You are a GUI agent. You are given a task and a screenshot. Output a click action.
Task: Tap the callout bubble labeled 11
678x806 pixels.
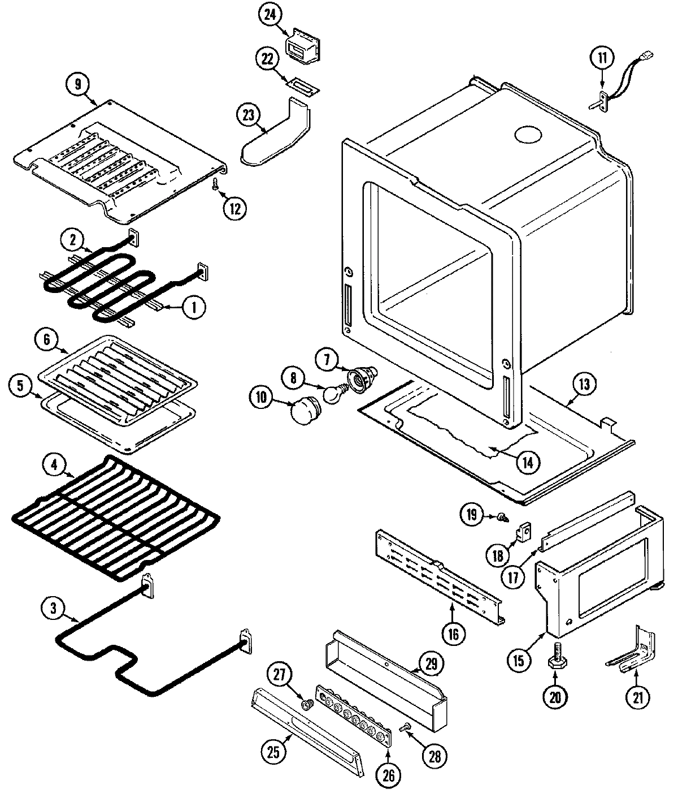[602, 57]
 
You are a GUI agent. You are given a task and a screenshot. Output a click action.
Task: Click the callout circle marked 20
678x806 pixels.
[555, 697]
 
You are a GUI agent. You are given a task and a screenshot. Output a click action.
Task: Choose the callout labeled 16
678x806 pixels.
[453, 632]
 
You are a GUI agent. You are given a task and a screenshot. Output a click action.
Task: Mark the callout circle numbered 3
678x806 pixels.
[53, 609]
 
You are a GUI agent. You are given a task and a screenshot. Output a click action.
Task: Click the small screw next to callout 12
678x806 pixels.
[215, 184]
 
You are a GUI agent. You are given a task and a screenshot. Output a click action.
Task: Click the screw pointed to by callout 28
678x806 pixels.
[405, 727]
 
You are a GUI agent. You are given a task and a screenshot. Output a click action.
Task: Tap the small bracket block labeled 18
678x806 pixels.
[524, 532]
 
